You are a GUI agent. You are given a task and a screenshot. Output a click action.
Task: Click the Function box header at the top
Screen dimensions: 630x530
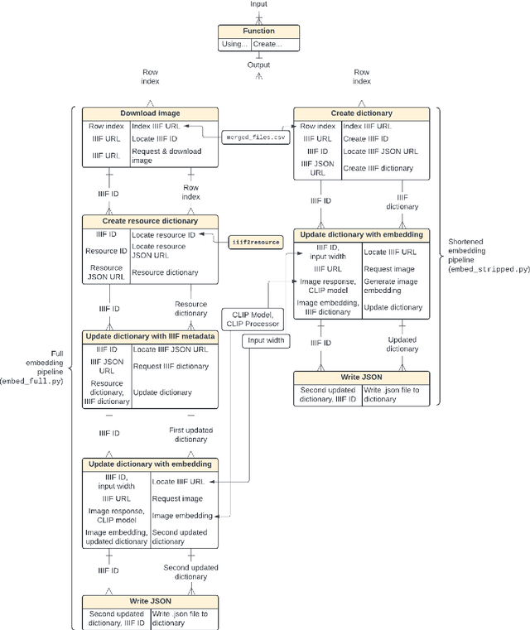258,31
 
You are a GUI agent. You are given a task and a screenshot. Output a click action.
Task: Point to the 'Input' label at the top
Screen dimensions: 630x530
258,5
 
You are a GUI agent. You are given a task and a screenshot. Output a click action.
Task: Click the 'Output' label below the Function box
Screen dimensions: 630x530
258,65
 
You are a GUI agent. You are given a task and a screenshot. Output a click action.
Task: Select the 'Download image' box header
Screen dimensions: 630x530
150,113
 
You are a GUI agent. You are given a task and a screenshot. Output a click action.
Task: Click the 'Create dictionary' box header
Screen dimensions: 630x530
362,113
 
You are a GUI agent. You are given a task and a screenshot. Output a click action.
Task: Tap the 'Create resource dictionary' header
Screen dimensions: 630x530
150,221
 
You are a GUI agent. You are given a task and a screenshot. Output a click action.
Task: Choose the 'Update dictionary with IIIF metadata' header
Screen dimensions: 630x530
150,337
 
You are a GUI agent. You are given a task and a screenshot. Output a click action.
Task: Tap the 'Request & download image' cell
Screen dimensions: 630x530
174,156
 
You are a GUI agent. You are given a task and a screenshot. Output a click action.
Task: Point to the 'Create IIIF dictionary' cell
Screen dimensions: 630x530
378,168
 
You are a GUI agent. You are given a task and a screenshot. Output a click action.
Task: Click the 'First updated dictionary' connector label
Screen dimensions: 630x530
191,435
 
